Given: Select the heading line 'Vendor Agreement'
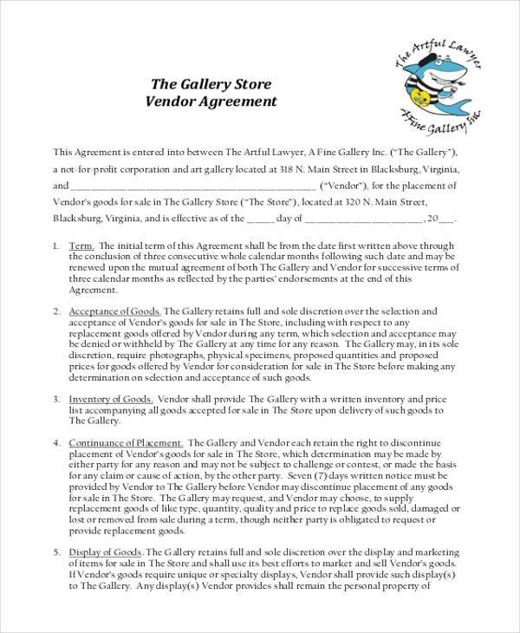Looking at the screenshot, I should (211, 101).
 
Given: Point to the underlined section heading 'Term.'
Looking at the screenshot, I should (81, 245).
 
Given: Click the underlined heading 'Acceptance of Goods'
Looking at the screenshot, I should (114, 310).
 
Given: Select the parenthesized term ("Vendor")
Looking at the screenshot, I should (345, 186).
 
